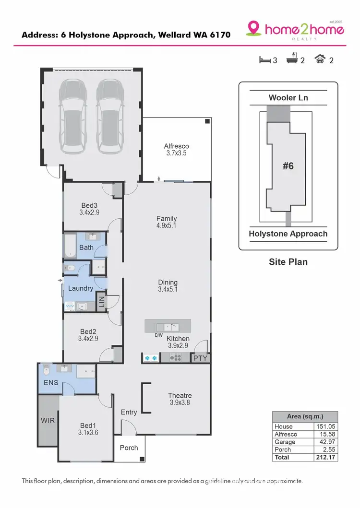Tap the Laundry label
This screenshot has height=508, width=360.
pos(80,288)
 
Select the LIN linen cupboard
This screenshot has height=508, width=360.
pos(101,302)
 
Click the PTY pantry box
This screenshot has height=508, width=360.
pos(200,358)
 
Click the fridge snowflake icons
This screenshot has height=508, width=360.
pos(151,358)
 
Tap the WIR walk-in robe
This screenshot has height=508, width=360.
pos(48,421)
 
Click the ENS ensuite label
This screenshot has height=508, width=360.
pos(50,383)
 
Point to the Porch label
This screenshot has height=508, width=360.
pos(129,448)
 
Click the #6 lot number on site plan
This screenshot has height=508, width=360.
pos(288,166)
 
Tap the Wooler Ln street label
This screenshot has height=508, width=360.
pos(288,98)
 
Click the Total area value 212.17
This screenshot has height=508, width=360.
pos(325,457)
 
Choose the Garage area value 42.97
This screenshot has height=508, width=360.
pos(325,442)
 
